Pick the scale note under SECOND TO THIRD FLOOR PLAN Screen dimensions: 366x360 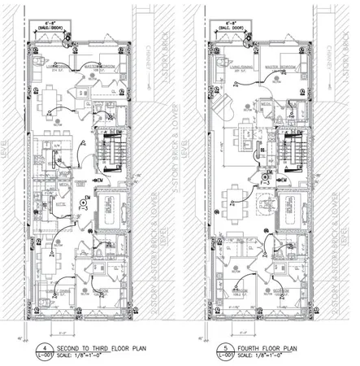click(x=73, y=355)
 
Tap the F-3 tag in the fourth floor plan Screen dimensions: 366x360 click(x=267, y=176)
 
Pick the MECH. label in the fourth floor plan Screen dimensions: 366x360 click(x=267, y=104)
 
